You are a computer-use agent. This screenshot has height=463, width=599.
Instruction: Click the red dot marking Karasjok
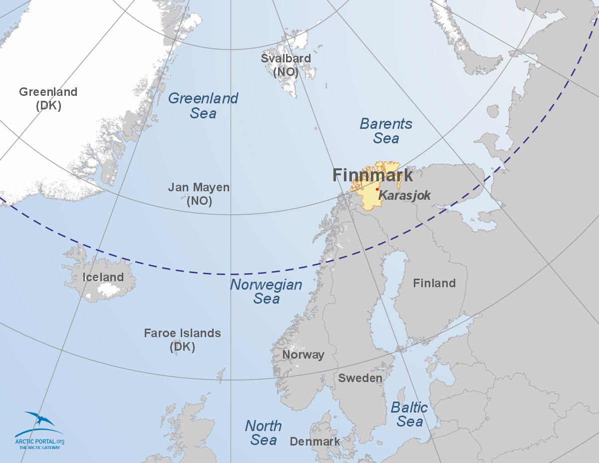click(x=377, y=189)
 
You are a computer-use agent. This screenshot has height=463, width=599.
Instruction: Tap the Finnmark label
click(x=372, y=175)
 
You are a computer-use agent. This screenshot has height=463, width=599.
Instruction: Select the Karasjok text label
click(x=404, y=195)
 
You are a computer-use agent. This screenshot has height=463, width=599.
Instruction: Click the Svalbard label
click(x=286, y=65)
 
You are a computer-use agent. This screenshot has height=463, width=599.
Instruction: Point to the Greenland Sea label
click(x=203, y=105)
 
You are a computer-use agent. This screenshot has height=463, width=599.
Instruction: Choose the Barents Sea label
click(x=386, y=131)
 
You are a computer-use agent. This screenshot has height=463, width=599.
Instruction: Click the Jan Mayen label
click(x=199, y=194)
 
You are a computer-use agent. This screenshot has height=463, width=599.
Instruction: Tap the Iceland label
click(x=103, y=277)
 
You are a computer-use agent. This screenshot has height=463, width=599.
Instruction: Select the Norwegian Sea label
click(x=266, y=292)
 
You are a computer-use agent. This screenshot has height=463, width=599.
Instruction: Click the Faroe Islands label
click(x=182, y=340)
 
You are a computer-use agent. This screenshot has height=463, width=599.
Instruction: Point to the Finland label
click(x=434, y=283)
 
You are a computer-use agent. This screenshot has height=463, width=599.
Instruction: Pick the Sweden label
click(x=360, y=378)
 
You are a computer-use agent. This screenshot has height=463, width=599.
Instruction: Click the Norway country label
click(x=303, y=355)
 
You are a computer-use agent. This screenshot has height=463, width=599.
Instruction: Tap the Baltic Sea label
click(x=409, y=414)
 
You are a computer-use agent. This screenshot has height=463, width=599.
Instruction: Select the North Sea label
click(x=263, y=433)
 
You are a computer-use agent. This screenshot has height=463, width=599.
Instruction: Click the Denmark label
click(x=315, y=442)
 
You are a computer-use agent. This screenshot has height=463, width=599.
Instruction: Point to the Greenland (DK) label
click(x=48, y=98)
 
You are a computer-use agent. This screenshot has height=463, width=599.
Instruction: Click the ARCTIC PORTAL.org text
click(x=39, y=442)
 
